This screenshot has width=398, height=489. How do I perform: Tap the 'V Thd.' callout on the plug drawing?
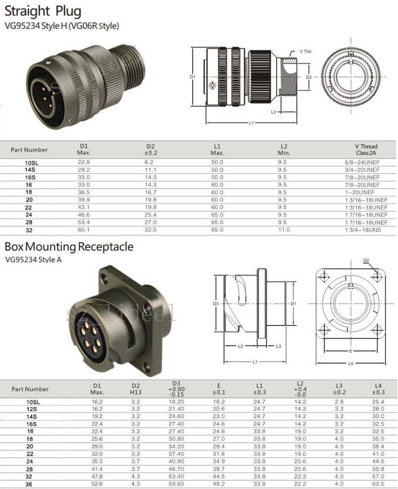coord(306,52)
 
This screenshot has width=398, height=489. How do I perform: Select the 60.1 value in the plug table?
coord(84,230)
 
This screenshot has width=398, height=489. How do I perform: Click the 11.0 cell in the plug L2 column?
coord(284,230)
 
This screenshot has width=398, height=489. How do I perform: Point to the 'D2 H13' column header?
coord(136,389)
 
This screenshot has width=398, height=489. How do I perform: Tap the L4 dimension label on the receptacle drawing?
coord(351,363)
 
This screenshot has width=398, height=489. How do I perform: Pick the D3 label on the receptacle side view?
coord(216,304)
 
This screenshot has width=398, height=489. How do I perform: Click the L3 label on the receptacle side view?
coord(279,346)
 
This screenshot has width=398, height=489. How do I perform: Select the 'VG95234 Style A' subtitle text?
coord(33,260)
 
